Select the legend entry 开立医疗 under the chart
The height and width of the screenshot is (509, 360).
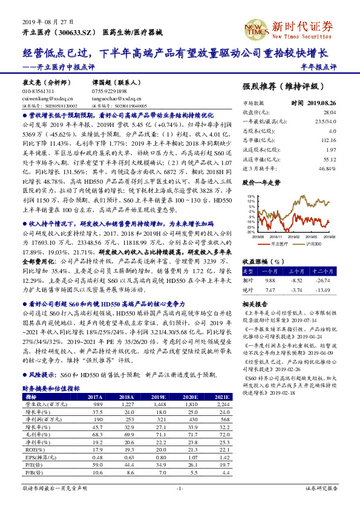pyautogui.click(x=279, y=244)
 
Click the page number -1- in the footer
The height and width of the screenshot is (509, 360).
pyautogui.click(x=179, y=488)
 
